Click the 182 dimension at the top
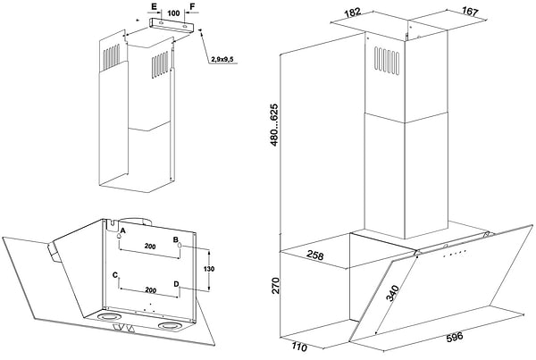pos(353,13)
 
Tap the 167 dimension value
pos(470,12)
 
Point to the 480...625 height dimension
pos(274,125)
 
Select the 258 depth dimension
pos(314,255)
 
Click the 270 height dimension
pos(275,286)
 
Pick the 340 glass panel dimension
pos(392,293)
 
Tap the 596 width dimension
pos(455,337)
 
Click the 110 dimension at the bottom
pos(299,347)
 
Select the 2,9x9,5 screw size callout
pos(222,60)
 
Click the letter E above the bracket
pos(154,6)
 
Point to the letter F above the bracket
pos(192,6)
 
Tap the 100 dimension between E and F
pos(173,13)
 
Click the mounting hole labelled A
pos(119,236)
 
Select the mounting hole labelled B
pos(180,245)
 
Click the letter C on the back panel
pos(115,275)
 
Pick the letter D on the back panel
pos(176,284)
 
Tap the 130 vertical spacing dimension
pos(208,269)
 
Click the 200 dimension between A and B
pos(150,247)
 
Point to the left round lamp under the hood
pos(108,317)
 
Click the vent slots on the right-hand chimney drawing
pos(387,60)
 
